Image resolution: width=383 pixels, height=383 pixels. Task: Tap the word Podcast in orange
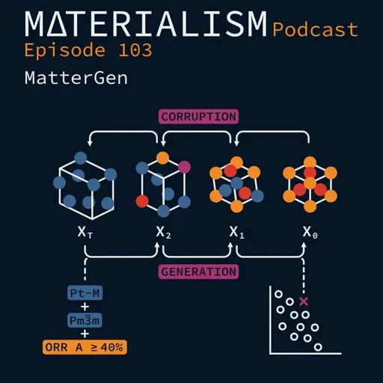click(316, 30)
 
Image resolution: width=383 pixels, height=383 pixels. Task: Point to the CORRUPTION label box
click(198, 116)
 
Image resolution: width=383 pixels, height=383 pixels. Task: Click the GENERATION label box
click(198, 272)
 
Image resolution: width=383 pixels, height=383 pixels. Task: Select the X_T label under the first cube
click(85, 233)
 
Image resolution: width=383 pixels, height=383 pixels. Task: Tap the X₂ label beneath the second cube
click(164, 233)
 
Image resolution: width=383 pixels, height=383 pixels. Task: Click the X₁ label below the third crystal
click(237, 233)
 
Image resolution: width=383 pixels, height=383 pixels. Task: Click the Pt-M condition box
click(85, 294)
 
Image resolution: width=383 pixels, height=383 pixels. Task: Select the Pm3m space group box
click(85, 321)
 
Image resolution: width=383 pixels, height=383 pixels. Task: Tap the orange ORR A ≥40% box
click(84, 347)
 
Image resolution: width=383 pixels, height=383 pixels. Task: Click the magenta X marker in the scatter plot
click(303, 301)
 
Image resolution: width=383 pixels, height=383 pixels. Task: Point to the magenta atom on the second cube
click(184, 165)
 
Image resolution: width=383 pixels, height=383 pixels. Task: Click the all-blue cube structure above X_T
click(85, 180)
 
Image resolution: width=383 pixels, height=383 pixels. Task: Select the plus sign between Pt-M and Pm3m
click(85, 307)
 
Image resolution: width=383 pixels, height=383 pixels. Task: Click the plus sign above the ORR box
click(85, 334)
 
